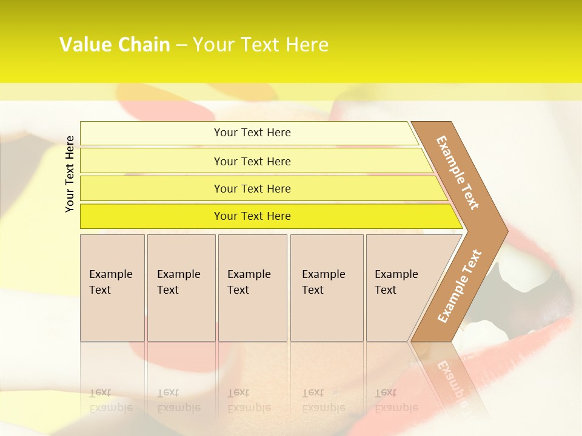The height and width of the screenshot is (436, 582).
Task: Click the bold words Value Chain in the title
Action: click(x=115, y=45)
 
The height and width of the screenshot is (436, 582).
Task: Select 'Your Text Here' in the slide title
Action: click(x=261, y=45)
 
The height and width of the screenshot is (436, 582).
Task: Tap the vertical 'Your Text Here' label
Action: click(x=70, y=174)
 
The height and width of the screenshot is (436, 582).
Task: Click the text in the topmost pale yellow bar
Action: click(x=252, y=133)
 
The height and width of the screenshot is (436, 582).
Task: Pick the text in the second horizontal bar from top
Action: click(x=252, y=162)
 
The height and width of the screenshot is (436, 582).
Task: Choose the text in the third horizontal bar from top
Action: click(x=252, y=189)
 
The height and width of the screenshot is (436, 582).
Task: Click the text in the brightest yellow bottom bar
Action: click(x=252, y=216)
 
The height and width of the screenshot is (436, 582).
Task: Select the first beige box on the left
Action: click(x=112, y=288)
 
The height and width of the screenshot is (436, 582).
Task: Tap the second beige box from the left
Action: click(x=181, y=288)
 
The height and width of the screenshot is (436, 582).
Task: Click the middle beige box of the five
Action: click(x=252, y=288)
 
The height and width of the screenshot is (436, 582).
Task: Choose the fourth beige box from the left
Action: click(x=327, y=288)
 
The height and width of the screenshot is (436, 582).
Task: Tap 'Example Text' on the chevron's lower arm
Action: click(x=460, y=286)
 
